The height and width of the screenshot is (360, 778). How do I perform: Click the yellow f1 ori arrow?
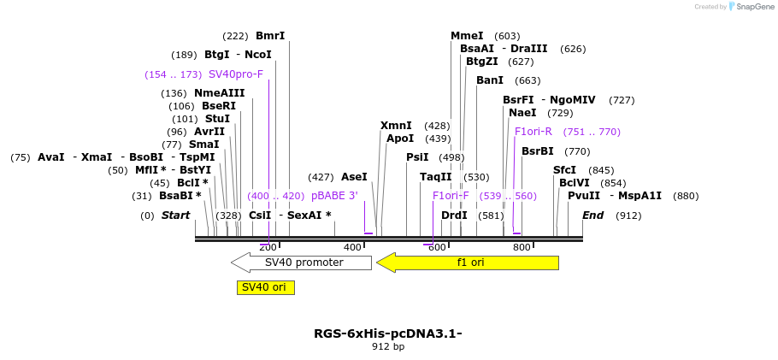tap(468, 263)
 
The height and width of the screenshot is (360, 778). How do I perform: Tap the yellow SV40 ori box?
tap(265, 287)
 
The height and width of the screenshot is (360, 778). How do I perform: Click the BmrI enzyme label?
tap(270, 36)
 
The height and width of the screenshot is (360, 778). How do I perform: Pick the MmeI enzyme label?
tap(467, 36)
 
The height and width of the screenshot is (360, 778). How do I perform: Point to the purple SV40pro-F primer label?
tap(236, 74)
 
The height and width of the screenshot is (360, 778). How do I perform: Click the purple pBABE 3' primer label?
tap(334, 196)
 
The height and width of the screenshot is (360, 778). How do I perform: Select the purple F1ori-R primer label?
tap(533, 132)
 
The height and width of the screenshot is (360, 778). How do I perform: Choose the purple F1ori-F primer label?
tap(451, 196)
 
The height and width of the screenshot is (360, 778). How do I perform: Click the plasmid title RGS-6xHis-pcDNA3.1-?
tap(388, 333)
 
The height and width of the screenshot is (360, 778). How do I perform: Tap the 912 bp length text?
tap(388, 347)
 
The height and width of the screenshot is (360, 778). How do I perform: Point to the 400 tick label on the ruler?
tap(352, 247)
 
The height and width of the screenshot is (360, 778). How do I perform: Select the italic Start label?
tap(175, 215)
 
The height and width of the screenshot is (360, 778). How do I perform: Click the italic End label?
tap(593, 215)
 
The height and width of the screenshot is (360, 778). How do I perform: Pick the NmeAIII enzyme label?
tap(219, 93)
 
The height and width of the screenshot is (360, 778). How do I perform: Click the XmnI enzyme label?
tap(396, 126)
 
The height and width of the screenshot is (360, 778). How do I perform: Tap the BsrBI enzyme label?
tap(538, 151)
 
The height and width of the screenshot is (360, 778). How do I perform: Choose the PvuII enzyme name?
tap(584, 196)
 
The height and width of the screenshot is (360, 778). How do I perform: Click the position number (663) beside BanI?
tap(528, 80)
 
